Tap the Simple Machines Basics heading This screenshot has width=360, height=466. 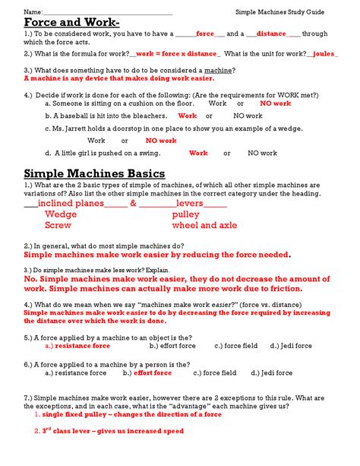click(x=94, y=174)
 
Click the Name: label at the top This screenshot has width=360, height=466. click(x=33, y=11)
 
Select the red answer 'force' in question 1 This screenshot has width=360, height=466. click(x=205, y=34)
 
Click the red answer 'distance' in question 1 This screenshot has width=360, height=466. click(x=271, y=34)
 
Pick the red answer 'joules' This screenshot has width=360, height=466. click(x=324, y=54)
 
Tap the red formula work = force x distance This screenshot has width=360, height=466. click(x=178, y=54)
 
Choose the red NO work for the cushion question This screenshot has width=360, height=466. click(x=275, y=103)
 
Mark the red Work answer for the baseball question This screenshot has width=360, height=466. click(x=187, y=116)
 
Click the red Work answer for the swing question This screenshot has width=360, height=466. click(x=198, y=153)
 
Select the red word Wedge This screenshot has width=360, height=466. click(x=61, y=214)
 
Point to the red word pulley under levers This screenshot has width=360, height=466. click(x=185, y=214)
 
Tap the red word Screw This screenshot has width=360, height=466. click(x=58, y=226)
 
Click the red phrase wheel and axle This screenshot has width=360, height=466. click(x=204, y=226)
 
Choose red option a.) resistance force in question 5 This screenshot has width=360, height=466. click(x=77, y=346)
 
